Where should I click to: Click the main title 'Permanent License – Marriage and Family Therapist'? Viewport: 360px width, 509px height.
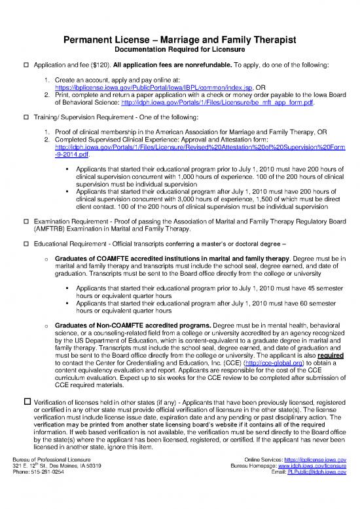(179, 41)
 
